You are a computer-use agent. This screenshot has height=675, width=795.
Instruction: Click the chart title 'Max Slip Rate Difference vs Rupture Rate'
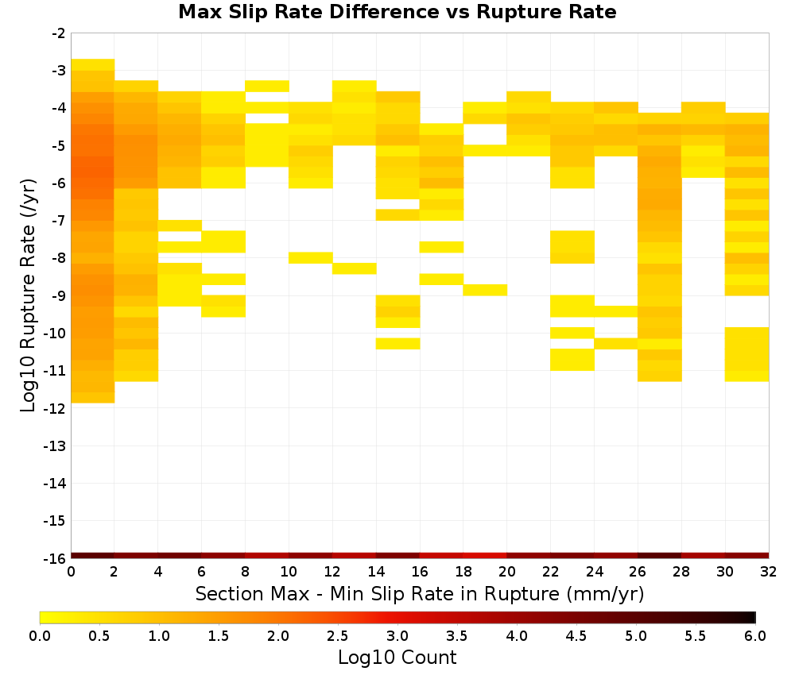tap(397, 12)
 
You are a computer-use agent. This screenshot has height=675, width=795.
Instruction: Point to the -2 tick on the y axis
tap(59, 33)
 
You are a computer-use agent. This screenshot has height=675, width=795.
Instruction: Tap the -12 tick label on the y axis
tap(56, 408)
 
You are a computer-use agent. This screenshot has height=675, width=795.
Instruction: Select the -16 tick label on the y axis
tap(56, 558)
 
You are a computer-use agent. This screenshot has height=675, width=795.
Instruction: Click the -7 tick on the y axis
tap(59, 221)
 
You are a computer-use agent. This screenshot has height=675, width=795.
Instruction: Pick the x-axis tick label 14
tap(376, 572)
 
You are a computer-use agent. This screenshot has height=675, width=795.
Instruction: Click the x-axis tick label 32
tap(769, 572)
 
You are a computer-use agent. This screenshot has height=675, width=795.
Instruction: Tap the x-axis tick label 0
tap(71, 572)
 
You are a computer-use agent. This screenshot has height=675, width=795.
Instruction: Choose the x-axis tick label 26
tap(638, 572)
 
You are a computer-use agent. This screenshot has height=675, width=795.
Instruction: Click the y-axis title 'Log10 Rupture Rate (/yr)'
tap(28, 295)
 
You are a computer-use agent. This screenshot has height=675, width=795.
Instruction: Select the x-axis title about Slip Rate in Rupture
tap(420, 594)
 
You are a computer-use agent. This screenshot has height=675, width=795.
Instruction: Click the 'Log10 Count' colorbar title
tap(397, 658)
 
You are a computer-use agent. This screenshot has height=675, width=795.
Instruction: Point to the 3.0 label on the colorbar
tap(397, 636)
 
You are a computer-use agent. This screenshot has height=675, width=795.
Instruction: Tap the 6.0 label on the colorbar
tap(755, 636)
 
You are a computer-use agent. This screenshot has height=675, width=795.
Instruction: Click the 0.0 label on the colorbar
tap(40, 636)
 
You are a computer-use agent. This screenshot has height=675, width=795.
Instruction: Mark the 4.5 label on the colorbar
tap(576, 636)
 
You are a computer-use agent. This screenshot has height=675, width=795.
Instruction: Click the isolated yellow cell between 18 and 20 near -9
tap(485, 290)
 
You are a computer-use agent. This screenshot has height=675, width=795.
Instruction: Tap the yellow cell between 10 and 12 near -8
tap(311, 258)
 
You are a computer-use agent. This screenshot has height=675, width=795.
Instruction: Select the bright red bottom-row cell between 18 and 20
tap(485, 556)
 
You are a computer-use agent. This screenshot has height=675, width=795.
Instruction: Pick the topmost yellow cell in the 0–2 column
tap(93, 65)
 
